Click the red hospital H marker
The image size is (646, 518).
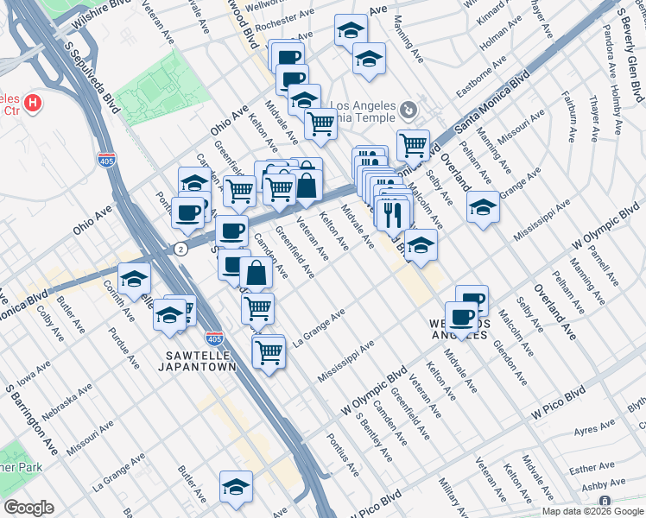[x=33, y=104]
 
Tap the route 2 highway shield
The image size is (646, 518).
[x=180, y=249]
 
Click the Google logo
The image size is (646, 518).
[x=28, y=508]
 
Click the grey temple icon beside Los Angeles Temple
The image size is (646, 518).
[x=408, y=110]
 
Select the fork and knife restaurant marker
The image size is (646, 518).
[x=394, y=212]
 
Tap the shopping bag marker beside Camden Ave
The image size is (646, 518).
[x=256, y=273]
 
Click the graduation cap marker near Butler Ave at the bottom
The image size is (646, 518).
[x=236, y=487]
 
